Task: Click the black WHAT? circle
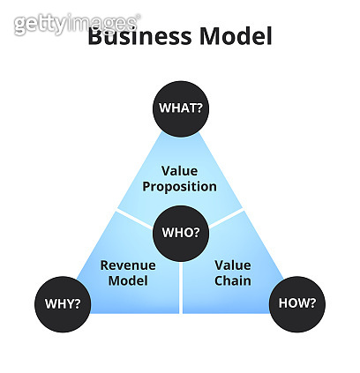(180, 108)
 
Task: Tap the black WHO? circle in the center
(180, 234)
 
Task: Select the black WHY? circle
(63, 304)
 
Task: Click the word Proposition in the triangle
(180, 187)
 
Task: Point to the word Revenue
(128, 265)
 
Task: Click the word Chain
(233, 281)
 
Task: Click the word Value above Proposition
(180, 170)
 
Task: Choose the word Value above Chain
(233, 265)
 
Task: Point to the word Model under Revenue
(128, 281)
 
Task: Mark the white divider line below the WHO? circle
(180, 287)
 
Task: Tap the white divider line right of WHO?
(226, 218)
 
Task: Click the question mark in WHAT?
(199, 108)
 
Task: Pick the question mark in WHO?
(199, 234)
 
